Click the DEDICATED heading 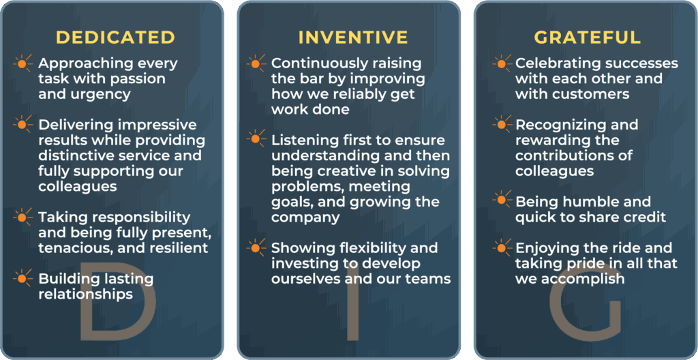click(x=116, y=37)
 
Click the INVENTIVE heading click(x=353, y=37)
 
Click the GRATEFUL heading click(x=588, y=37)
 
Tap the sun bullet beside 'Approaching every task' click(x=22, y=63)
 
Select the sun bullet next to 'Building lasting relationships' click(x=22, y=278)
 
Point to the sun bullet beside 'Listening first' click(x=256, y=139)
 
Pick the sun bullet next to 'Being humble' click(x=502, y=200)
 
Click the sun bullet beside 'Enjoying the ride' click(x=502, y=247)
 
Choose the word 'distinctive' click(x=79, y=155)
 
